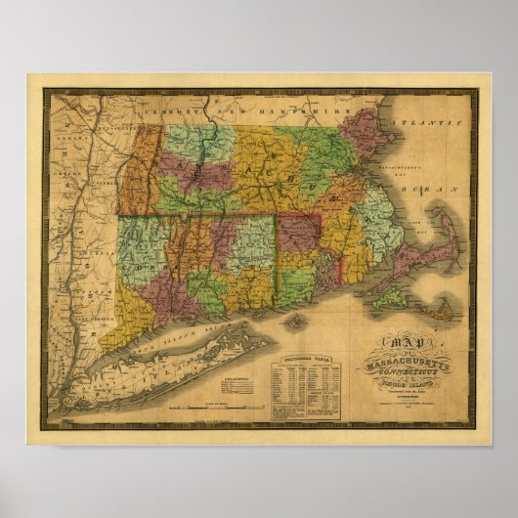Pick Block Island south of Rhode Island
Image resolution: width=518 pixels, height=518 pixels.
click(x=292, y=320)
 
